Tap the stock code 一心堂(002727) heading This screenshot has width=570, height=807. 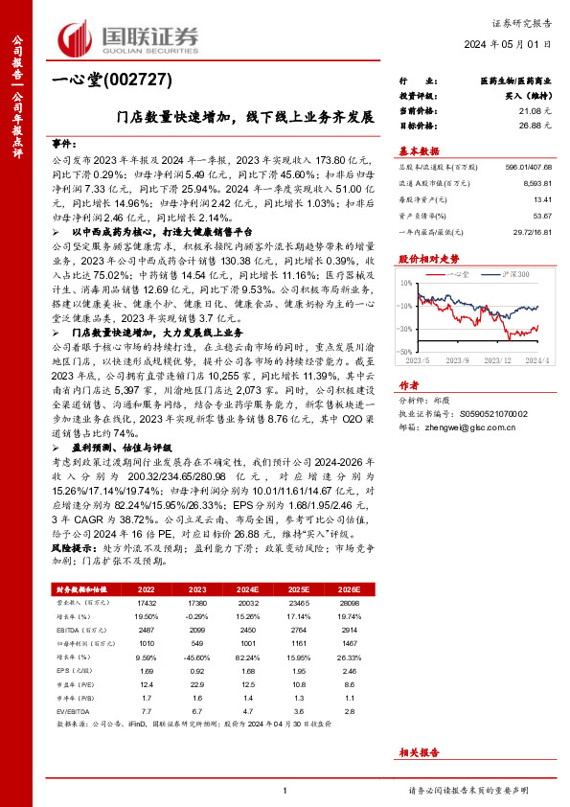coord(96,82)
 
